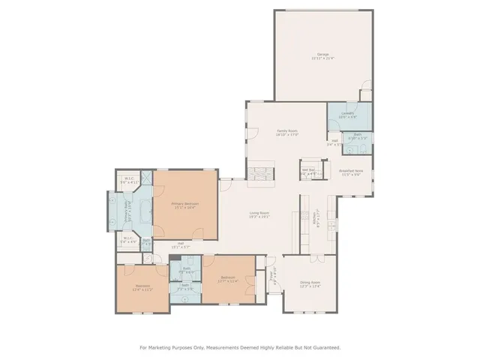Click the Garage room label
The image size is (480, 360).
[323, 56]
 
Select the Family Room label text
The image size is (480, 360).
[287, 133]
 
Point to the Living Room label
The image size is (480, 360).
[259, 215]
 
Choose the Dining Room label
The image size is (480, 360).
[310, 284]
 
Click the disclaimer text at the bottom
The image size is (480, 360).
[240, 347]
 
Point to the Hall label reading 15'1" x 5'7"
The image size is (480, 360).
[181, 244]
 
